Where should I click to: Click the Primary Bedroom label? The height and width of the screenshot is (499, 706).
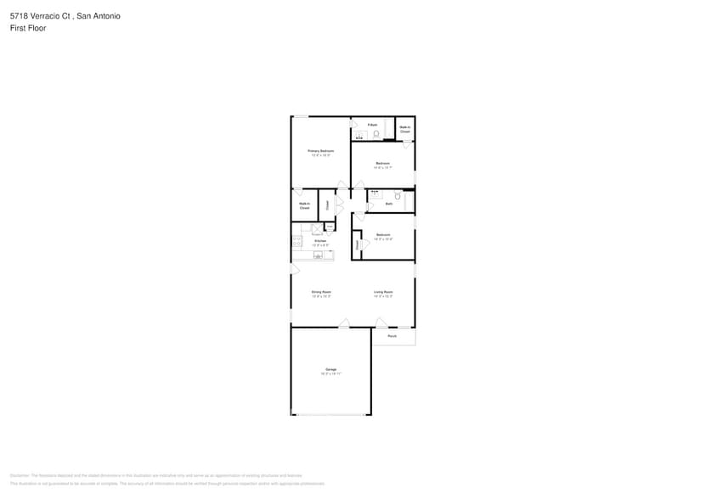pos(320,150)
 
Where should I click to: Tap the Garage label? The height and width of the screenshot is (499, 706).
pos(330,369)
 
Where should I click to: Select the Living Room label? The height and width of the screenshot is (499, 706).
pos(383,292)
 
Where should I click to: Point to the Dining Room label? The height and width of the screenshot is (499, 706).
pos(320,292)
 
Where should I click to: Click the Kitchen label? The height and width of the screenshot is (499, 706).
pos(320,241)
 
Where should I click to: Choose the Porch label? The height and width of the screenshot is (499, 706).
pos(392,336)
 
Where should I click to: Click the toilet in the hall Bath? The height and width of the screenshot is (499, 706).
pos(397,196)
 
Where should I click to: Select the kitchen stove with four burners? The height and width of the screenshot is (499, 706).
pos(297,241)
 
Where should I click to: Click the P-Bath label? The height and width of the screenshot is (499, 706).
pos(372,125)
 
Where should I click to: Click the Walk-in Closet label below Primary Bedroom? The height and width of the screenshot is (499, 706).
pos(304,205)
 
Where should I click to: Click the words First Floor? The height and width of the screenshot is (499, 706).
pos(28,28)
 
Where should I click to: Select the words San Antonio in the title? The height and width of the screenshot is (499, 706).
pos(99,15)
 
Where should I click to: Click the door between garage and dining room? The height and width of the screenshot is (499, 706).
pos(343,323)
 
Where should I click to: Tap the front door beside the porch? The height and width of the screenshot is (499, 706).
pos(381,323)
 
